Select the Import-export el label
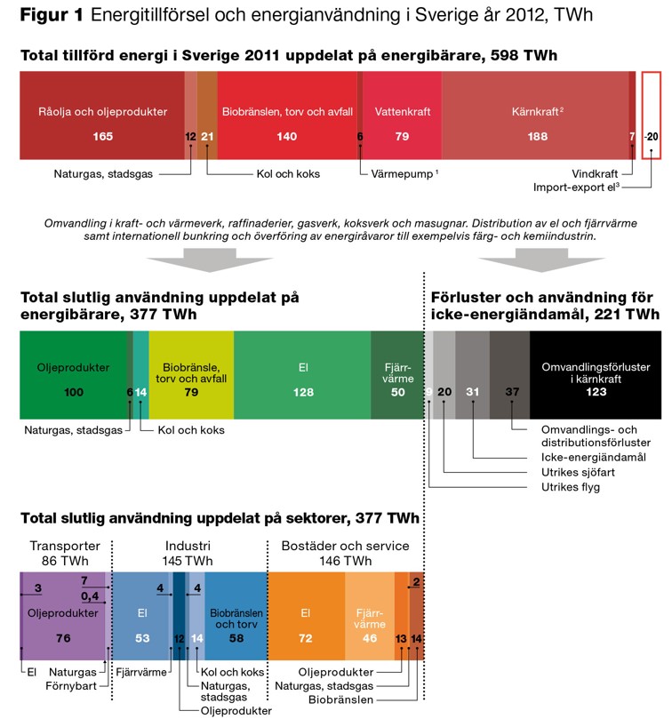575,188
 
